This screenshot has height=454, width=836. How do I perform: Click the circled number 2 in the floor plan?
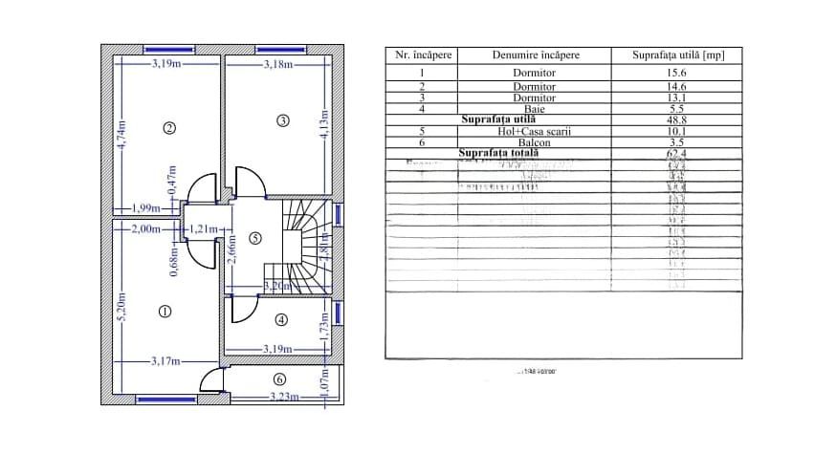169,129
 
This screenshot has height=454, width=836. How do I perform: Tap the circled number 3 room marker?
282,120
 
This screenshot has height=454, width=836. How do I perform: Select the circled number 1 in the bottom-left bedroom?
164,311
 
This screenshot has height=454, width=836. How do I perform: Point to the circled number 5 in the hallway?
254,239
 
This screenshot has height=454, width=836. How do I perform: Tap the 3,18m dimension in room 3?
278,65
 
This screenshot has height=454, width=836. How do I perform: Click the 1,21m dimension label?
205,229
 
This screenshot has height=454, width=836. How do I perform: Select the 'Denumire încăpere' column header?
536,55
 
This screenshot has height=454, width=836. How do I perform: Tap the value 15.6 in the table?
677,74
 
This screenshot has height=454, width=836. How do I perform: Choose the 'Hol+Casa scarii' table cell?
535,131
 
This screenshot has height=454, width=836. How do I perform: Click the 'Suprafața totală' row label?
499,152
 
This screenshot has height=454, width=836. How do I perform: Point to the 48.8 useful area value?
677,120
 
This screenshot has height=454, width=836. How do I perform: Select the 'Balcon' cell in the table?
535,141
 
